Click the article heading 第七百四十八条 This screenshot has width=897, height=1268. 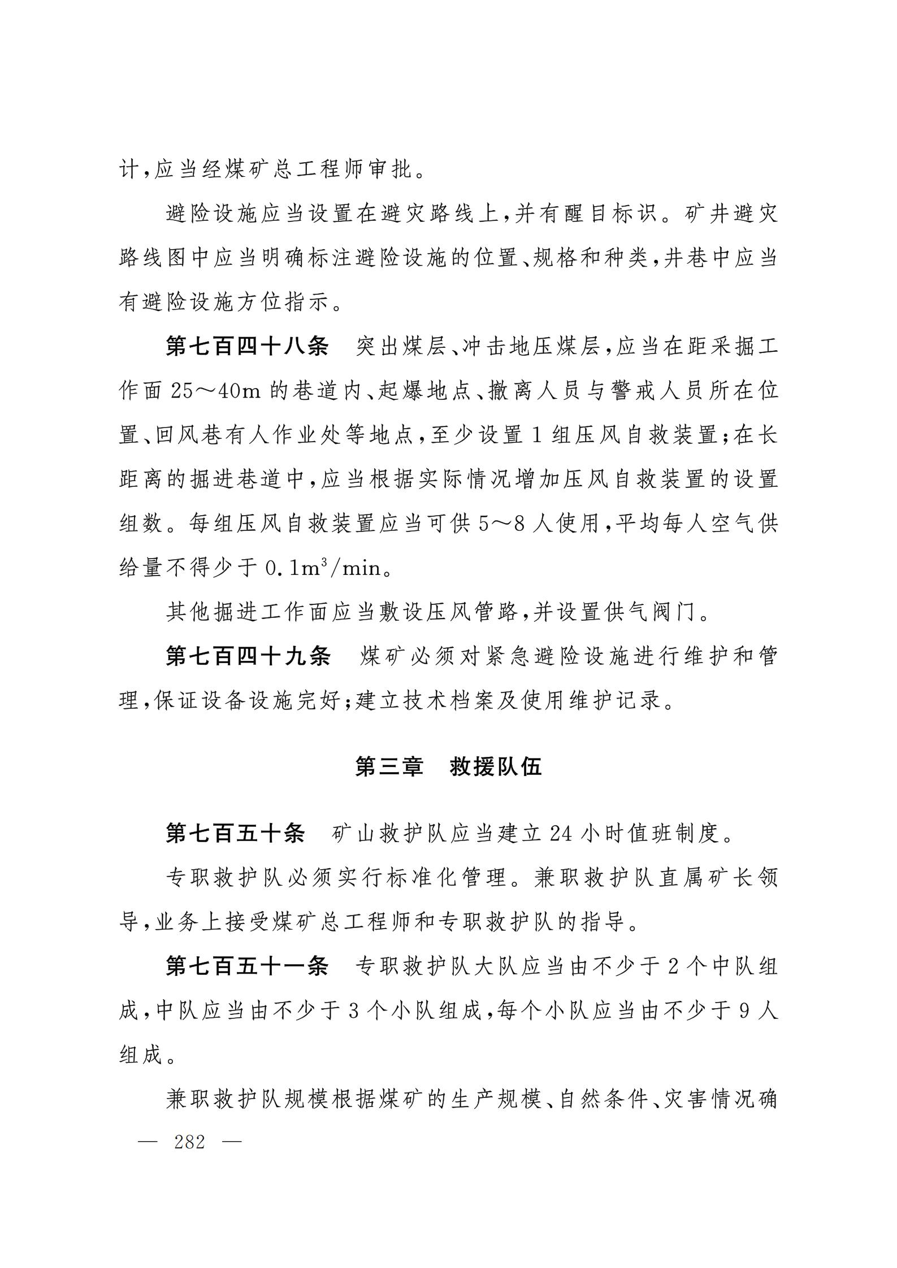click(x=246, y=346)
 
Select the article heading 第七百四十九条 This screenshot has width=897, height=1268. click(x=248, y=656)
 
